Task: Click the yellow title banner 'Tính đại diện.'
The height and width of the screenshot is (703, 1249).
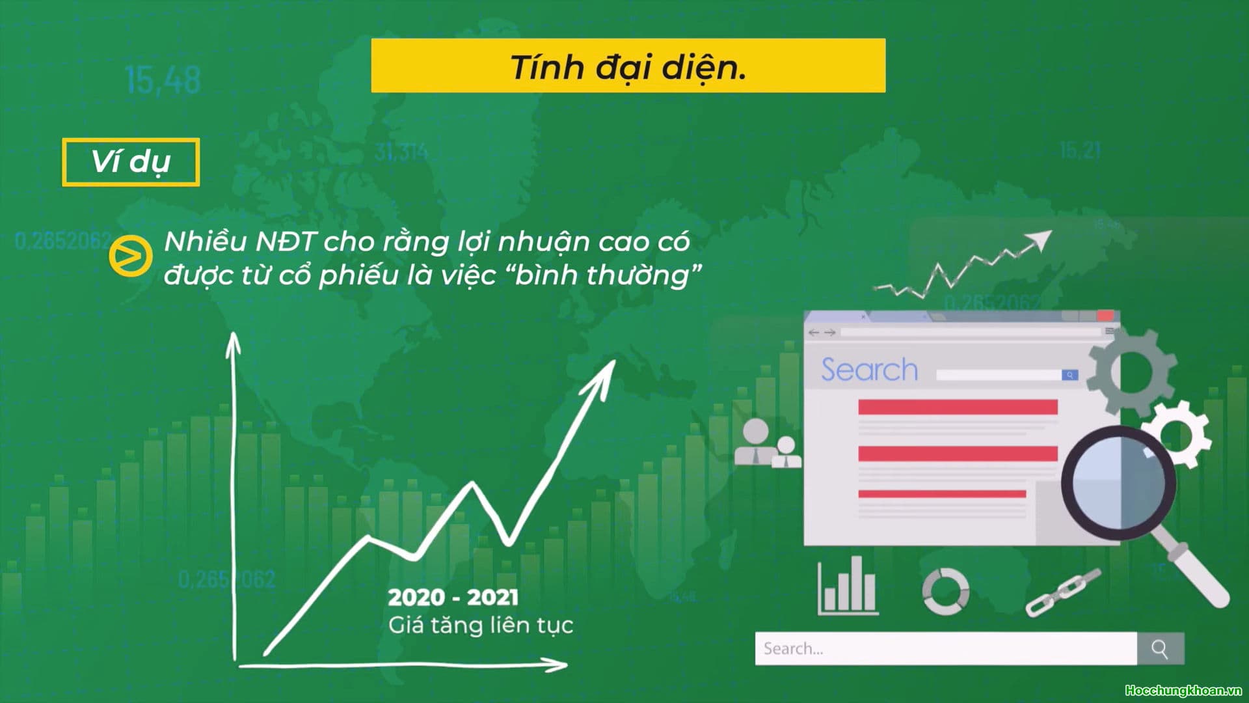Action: click(628, 66)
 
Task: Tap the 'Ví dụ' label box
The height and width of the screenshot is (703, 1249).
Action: click(131, 162)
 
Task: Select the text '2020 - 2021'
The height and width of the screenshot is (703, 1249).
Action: click(453, 597)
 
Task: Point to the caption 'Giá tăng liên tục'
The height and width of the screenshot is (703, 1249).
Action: click(481, 626)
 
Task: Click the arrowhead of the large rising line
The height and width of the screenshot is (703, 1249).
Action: click(602, 375)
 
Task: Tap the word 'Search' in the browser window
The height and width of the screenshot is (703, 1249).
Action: click(869, 370)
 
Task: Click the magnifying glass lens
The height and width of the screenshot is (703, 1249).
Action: click(1118, 482)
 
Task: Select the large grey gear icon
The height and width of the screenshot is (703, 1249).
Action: click(1133, 371)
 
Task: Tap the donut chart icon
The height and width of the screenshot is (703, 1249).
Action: click(945, 591)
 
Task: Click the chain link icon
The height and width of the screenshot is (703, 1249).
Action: click(1063, 593)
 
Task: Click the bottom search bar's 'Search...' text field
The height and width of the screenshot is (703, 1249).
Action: click(945, 648)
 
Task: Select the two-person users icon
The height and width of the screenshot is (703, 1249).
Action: click(768, 444)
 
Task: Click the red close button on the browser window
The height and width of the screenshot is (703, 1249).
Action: click(1105, 316)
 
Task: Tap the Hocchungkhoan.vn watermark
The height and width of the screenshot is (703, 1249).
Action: click(1183, 691)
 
